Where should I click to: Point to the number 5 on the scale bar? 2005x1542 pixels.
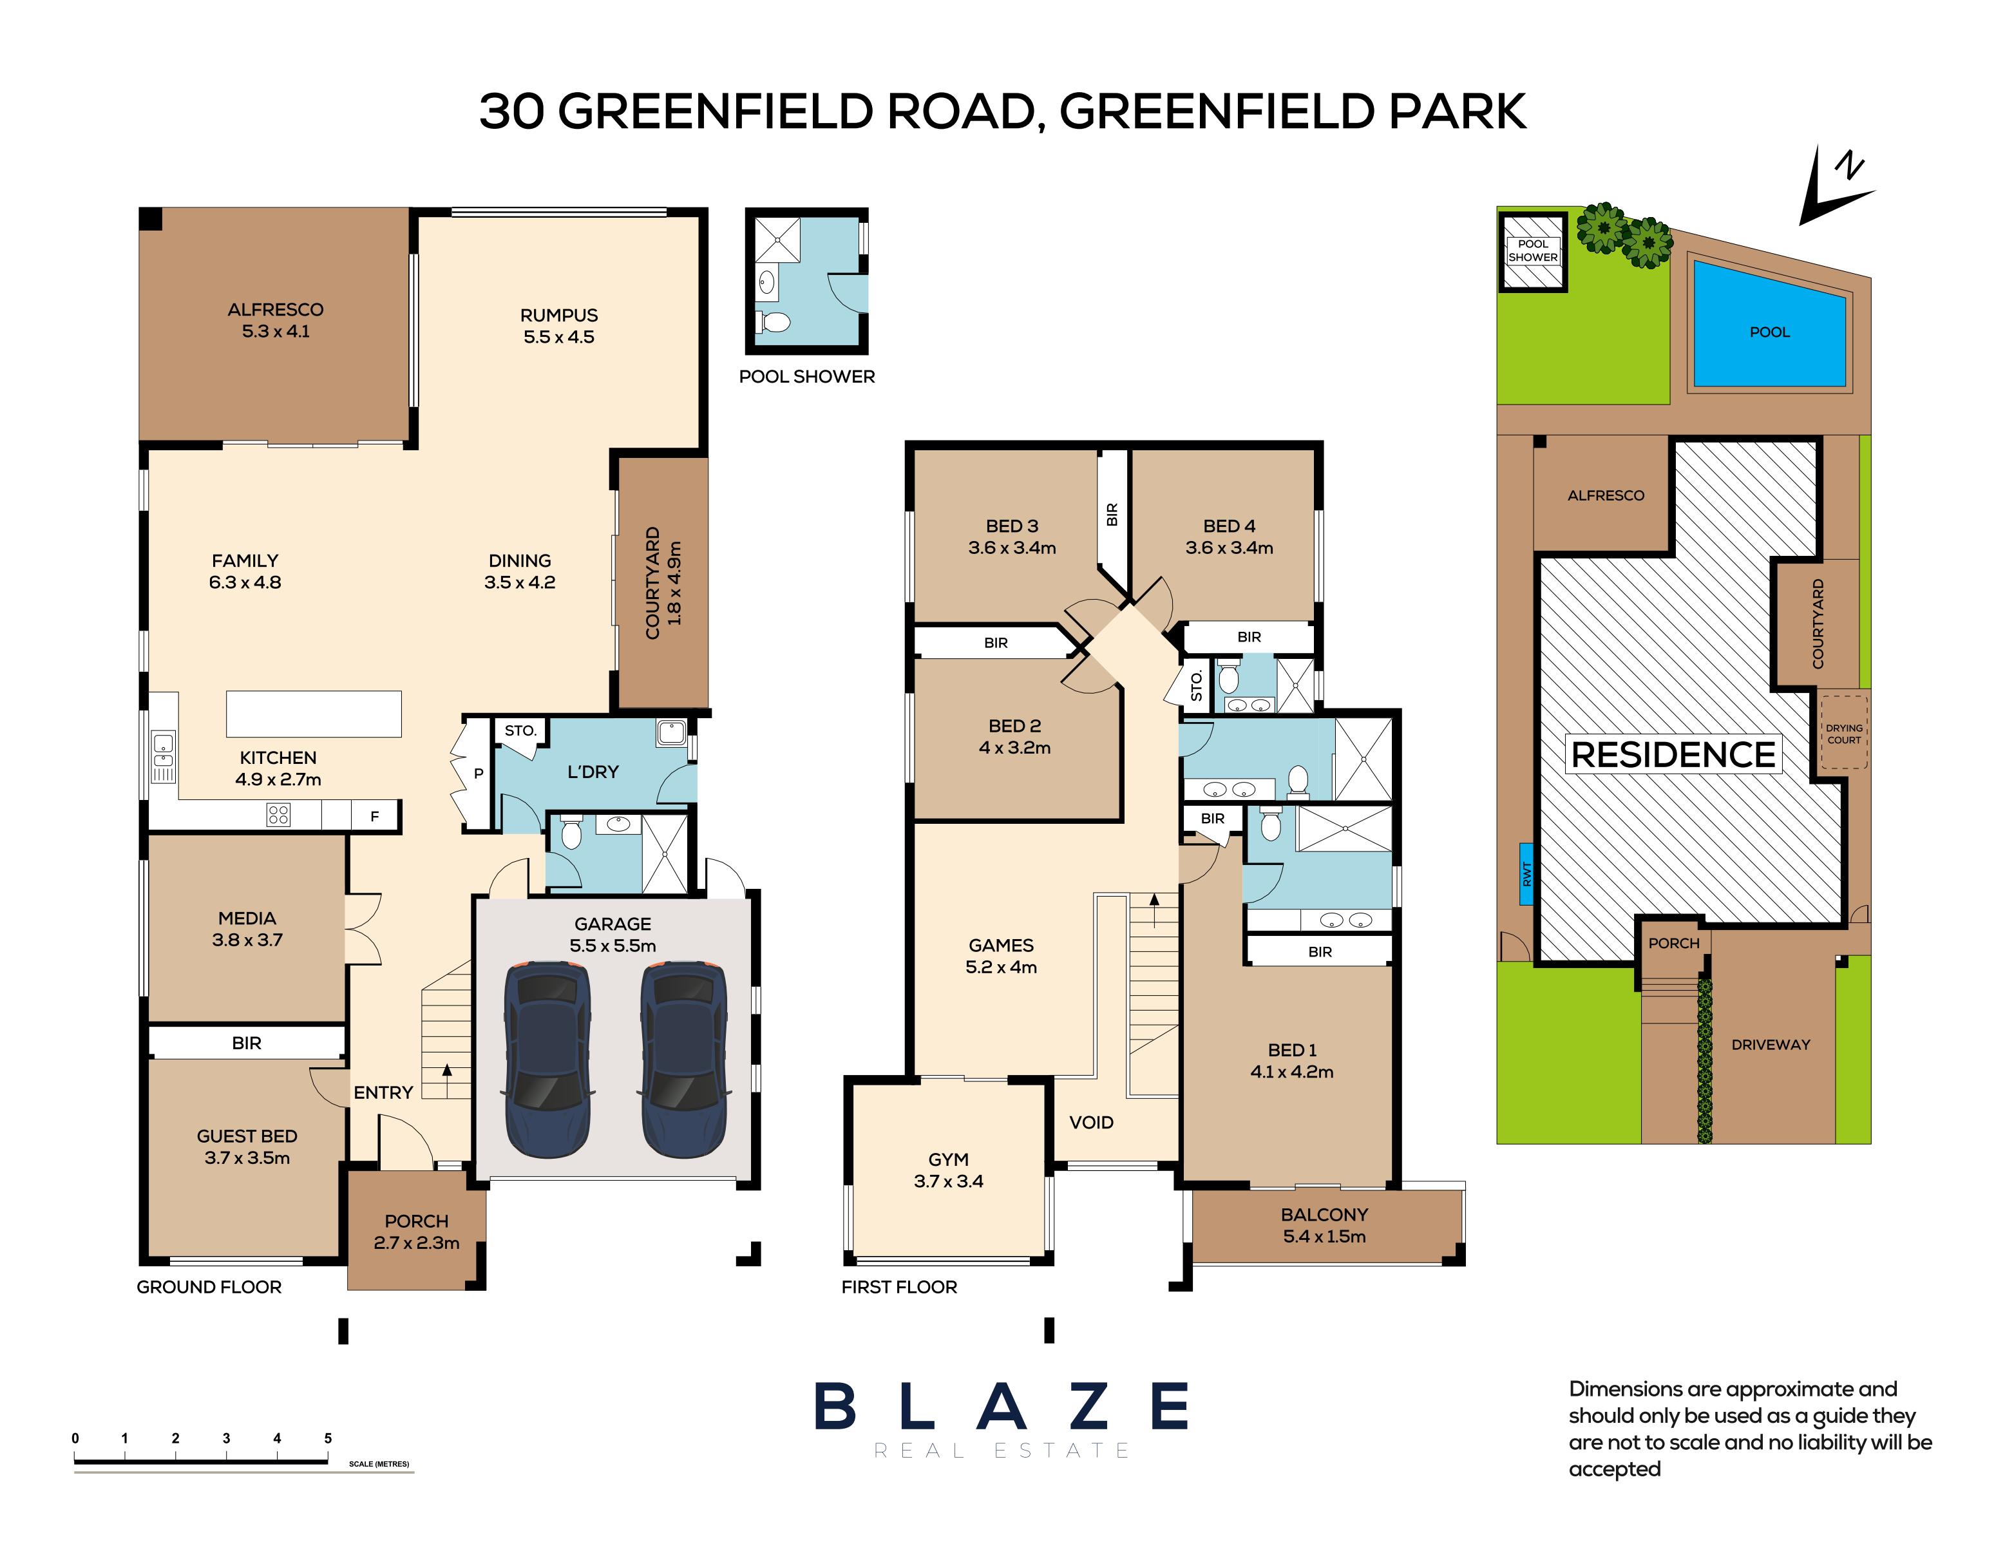point(328,1438)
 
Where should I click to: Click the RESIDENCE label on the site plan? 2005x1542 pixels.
point(1672,754)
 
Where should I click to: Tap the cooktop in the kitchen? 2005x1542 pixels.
point(278,814)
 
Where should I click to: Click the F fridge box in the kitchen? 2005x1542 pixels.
point(374,815)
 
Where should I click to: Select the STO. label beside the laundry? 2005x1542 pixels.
point(520,730)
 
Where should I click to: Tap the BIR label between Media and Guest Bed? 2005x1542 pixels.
point(246,1043)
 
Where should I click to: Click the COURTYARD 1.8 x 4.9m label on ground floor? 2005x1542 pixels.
point(663,583)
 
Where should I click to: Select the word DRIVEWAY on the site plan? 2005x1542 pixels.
point(1769,1045)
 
